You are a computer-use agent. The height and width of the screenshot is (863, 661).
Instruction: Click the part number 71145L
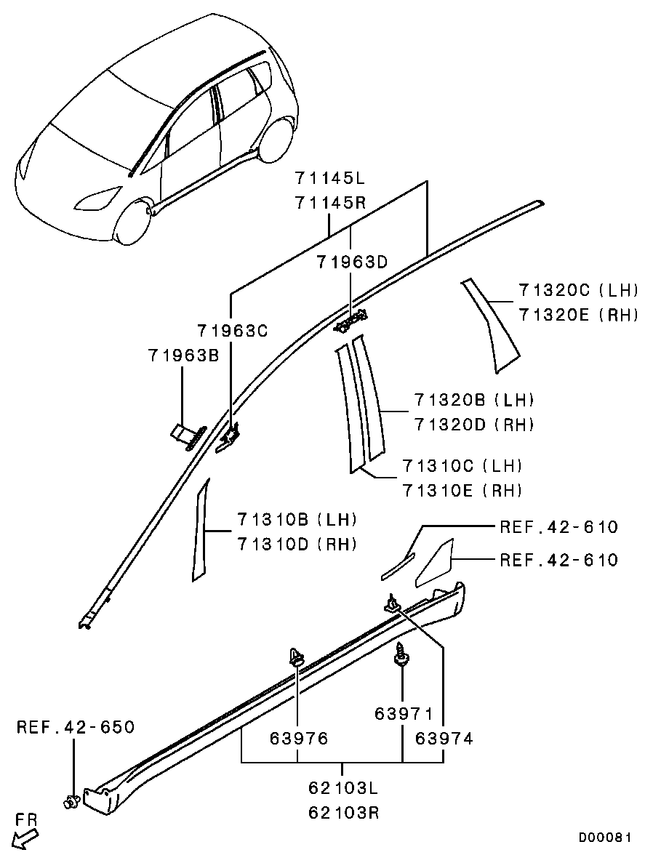coord(329,179)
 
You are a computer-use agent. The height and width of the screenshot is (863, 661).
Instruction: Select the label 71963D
coord(352,263)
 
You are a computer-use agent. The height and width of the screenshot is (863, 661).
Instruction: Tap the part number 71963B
coord(183,356)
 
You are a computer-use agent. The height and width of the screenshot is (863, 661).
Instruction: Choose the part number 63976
coord(298,739)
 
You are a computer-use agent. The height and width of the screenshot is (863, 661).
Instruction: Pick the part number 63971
coord(404,714)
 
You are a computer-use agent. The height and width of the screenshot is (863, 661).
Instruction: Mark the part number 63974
coord(444,739)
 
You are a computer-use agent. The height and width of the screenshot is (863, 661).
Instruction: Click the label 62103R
coord(342,813)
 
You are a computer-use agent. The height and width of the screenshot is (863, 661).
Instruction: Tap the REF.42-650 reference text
coord(76,727)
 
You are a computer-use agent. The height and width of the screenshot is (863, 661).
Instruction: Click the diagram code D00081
coord(605,838)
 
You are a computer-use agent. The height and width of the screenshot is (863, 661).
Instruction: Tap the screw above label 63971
coord(400,654)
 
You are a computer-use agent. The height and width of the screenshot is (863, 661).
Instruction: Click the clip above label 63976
coord(296,657)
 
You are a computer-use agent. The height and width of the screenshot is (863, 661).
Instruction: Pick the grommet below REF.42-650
coord(71,802)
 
